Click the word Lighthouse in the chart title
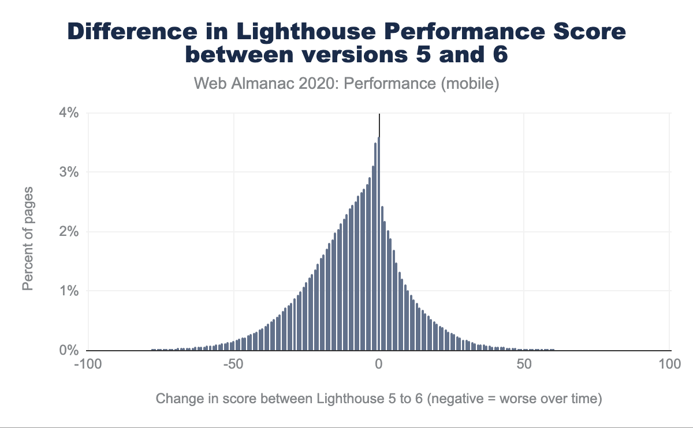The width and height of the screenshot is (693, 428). pyautogui.click(x=324, y=32)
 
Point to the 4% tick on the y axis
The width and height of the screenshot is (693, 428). pyautogui.click(x=69, y=113)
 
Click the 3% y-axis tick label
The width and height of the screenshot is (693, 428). pyautogui.click(x=69, y=172)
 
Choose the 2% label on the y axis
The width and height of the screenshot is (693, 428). pyautogui.click(x=69, y=232)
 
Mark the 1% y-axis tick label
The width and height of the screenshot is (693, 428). pyautogui.click(x=69, y=291)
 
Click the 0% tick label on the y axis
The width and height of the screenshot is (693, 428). pyautogui.click(x=69, y=351)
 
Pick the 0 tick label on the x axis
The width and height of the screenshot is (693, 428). pyautogui.click(x=379, y=365)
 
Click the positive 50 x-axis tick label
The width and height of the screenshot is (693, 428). pyautogui.click(x=524, y=365)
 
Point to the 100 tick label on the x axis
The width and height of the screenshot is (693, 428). pyautogui.click(x=669, y=365)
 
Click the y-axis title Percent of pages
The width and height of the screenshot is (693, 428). pyautogui.click(x=28, y=238)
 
